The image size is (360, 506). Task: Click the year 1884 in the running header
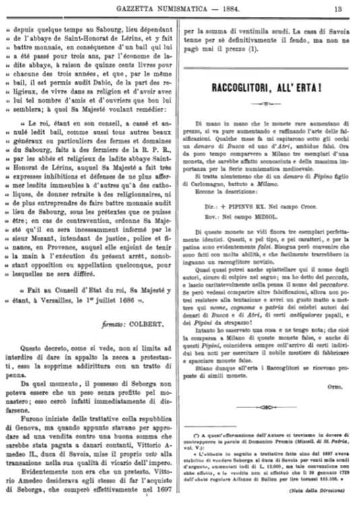pos(241,8)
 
